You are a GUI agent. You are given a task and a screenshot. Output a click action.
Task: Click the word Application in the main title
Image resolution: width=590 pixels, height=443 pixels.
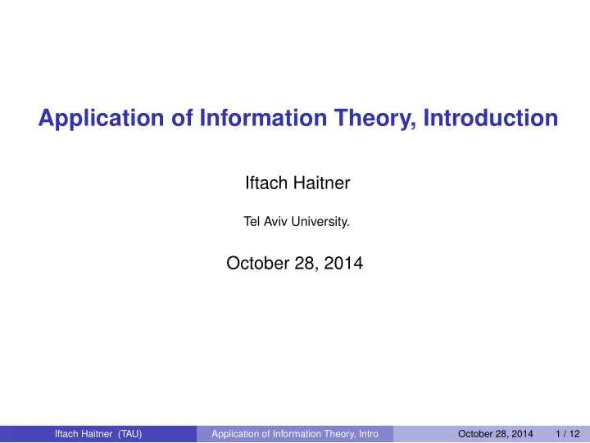(x=102, y=119)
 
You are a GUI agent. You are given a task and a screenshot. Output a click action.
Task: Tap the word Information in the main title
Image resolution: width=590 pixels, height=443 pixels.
(x=263, y=117)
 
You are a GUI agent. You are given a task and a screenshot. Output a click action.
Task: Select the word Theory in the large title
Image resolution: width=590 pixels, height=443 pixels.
(x=375, y=119)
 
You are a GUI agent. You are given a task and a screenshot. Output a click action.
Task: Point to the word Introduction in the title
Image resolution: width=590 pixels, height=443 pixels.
(x=491, y=117)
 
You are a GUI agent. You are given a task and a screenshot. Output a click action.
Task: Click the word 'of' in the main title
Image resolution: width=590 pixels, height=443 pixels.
(x=182, y=117)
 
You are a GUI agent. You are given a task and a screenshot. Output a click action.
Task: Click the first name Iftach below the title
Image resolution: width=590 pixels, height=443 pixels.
(x=266, y=183)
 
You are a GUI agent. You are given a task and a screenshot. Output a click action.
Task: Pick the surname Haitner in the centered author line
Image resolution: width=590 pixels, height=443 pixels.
(x=322, y=183)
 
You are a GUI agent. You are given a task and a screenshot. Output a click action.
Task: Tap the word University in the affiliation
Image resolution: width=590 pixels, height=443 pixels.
(x=320, y=221)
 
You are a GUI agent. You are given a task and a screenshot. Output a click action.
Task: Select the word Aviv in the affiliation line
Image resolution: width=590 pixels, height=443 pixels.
(x=276, y=221)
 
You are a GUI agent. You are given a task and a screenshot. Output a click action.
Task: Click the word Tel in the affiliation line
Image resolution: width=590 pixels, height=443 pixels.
(x=252, y=221)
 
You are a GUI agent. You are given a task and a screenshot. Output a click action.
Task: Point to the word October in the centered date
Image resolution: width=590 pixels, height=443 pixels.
(x=258, y=263)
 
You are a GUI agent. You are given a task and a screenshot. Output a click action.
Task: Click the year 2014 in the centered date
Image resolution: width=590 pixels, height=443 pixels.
(x=343, y=263)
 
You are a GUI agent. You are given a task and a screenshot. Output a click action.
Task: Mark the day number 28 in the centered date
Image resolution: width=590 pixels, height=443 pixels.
(x=306, y=263)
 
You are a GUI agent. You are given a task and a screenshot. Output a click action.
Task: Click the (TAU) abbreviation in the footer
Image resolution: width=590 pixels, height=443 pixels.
(x=129, y=434)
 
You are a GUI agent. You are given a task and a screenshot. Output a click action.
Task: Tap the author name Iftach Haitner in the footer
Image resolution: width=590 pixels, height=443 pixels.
(x=84, y=434)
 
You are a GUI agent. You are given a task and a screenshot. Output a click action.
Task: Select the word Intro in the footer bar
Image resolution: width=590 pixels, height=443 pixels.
(x=369, y=434)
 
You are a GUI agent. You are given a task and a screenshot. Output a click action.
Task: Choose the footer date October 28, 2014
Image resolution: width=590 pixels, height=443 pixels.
(x=496, y=434)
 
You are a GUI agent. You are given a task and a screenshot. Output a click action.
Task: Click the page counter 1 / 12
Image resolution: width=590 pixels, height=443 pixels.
(x=568, y=434)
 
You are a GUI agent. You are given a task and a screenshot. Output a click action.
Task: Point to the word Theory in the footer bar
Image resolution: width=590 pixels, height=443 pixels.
(x=339, y=434)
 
